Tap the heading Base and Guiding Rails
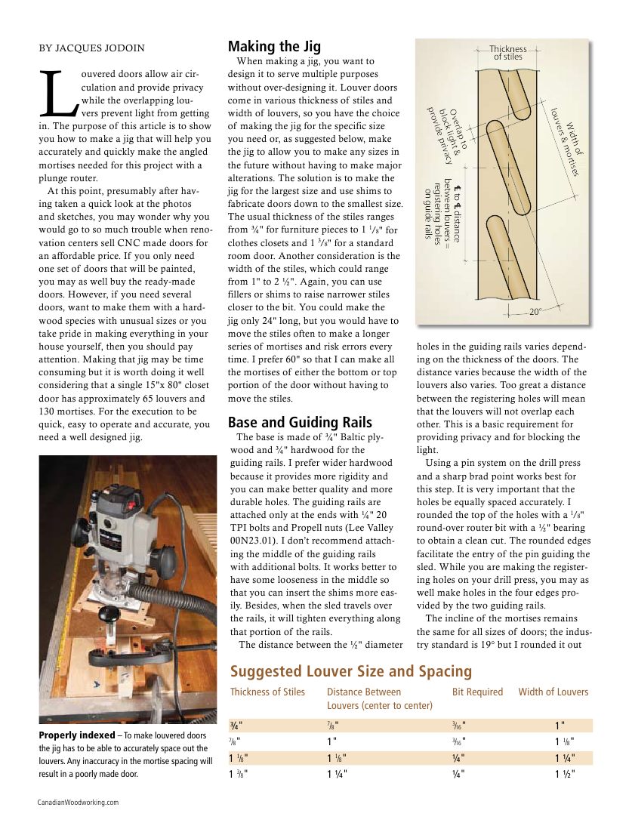tap(300, 422)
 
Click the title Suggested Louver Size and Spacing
tap(350, 671)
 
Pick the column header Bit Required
tap(476, 692)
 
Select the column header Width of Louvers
tap(553, 692)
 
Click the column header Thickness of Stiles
tap(267, 692)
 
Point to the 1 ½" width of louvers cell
tap(565, 774)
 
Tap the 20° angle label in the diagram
tap(535, 311)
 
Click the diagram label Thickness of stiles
tap(507, 53)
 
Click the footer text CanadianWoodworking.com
tap(78, 803)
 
